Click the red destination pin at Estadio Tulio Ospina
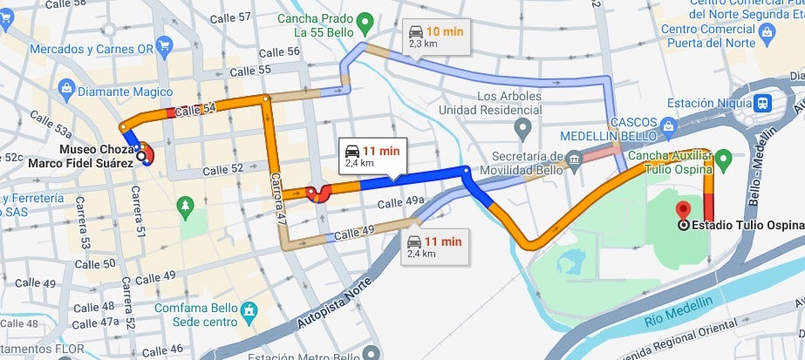683,210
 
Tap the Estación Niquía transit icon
764,102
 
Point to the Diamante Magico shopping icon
66,88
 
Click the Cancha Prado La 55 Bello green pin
366,20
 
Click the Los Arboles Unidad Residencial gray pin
522,131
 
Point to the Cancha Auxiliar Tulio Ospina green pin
723,160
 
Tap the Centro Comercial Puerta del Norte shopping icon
768,34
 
